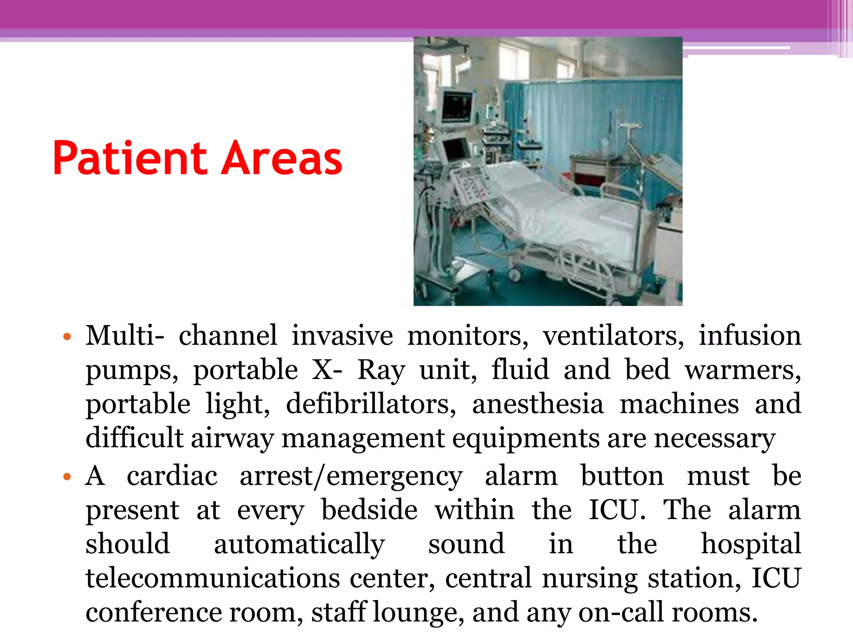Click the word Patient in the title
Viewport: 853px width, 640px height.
tap(130, 158)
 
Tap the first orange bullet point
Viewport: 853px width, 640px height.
tap(66, 336)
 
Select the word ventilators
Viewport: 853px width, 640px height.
tap(613, 336)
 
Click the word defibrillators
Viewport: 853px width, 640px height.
tap(371, 404)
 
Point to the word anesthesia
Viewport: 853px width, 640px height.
tap(538, 404)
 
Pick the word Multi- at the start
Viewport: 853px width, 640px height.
tap(125, 336)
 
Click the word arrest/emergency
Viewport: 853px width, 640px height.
tap(351, 476)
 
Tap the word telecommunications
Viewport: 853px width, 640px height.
tap(213, 578)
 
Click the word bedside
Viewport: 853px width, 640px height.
tap(369, 510)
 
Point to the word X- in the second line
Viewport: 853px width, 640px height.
tap(327, 370)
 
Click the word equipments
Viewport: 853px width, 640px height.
tap(526, 438)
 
